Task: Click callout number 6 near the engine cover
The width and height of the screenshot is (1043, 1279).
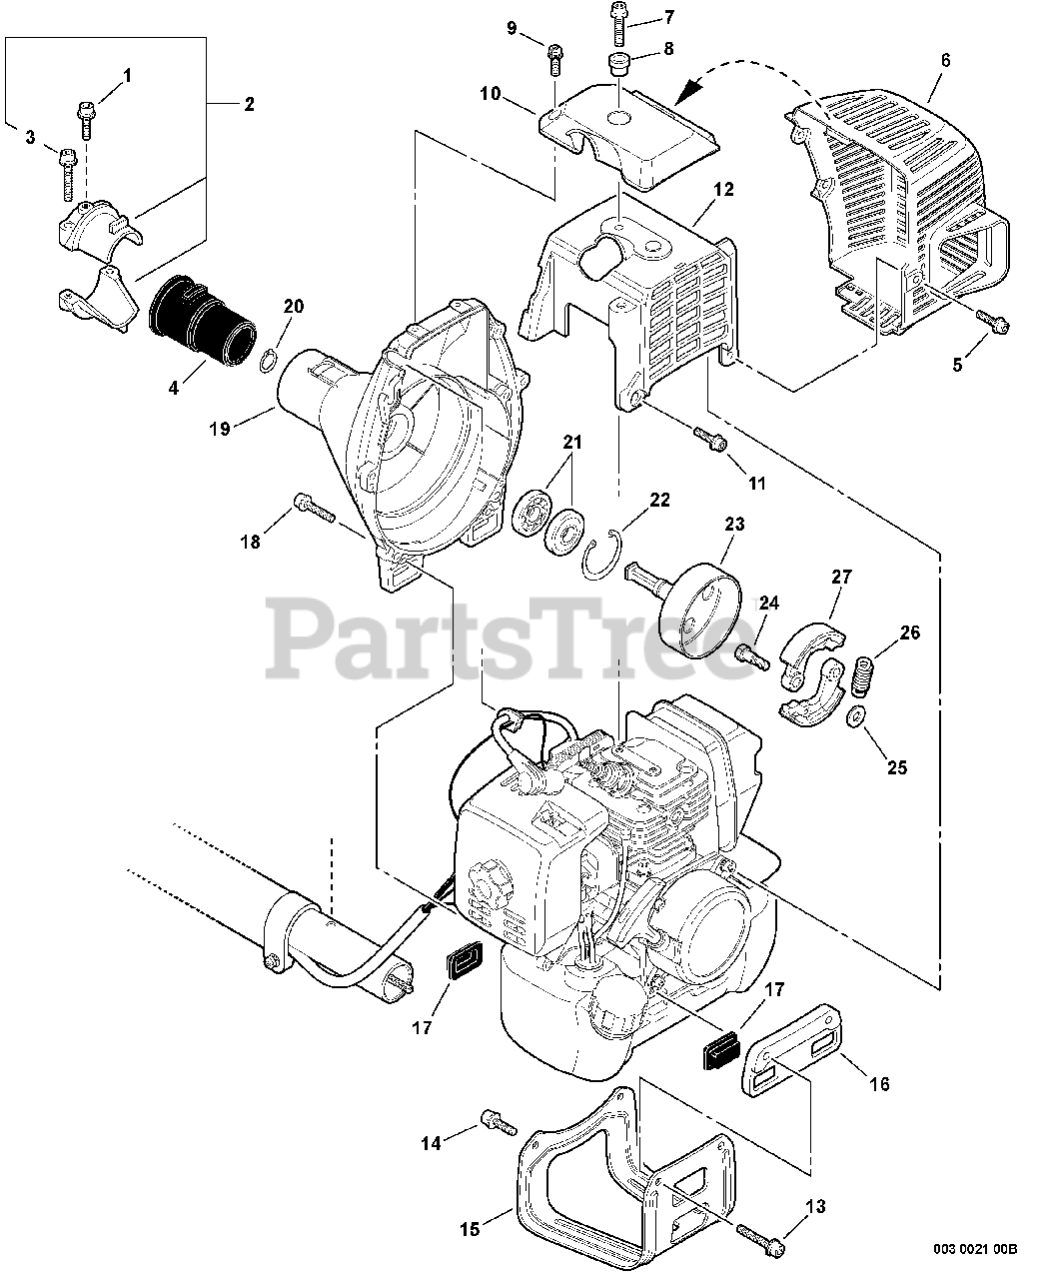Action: coord(945,61)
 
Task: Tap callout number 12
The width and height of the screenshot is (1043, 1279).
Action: coord(723,189)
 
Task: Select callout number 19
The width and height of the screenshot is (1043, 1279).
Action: coord(220,428)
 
